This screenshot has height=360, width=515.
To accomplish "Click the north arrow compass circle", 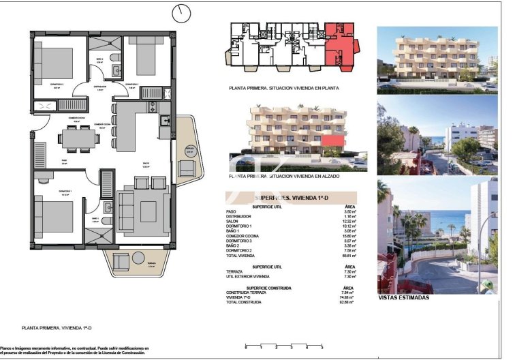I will (x=181, y=13).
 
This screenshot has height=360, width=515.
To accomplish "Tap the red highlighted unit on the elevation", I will (x=332, y=140).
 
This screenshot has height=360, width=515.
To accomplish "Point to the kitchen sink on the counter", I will (x=165, y=121).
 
